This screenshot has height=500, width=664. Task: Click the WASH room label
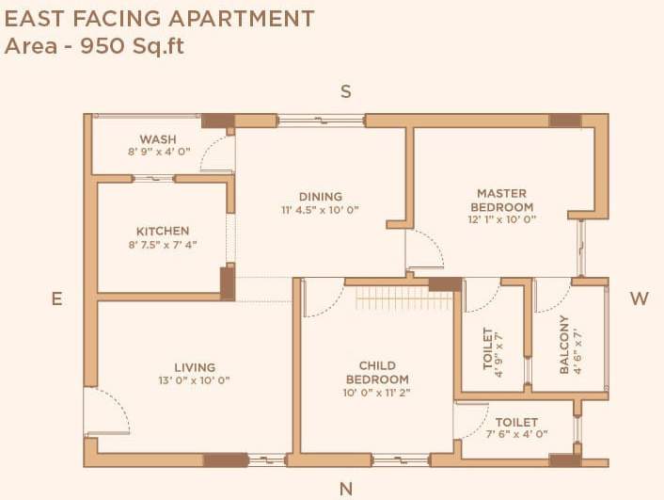158,138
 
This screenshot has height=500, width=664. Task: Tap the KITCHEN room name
163,231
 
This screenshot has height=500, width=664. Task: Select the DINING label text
320,197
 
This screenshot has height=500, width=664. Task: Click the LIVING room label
195,367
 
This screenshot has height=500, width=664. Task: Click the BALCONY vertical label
564,345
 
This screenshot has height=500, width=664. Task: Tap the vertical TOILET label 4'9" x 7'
487,348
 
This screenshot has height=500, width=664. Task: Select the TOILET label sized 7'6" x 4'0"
516,423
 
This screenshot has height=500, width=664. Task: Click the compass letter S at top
345,91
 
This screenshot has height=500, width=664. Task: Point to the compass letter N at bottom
345,489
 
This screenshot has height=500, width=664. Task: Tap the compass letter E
56,298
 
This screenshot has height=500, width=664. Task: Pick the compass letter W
640,298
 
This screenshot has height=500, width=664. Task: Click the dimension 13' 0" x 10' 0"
195,380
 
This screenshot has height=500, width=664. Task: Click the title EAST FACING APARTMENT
160,18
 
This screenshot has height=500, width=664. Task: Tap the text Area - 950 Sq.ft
94,45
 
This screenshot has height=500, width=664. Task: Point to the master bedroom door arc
425,250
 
